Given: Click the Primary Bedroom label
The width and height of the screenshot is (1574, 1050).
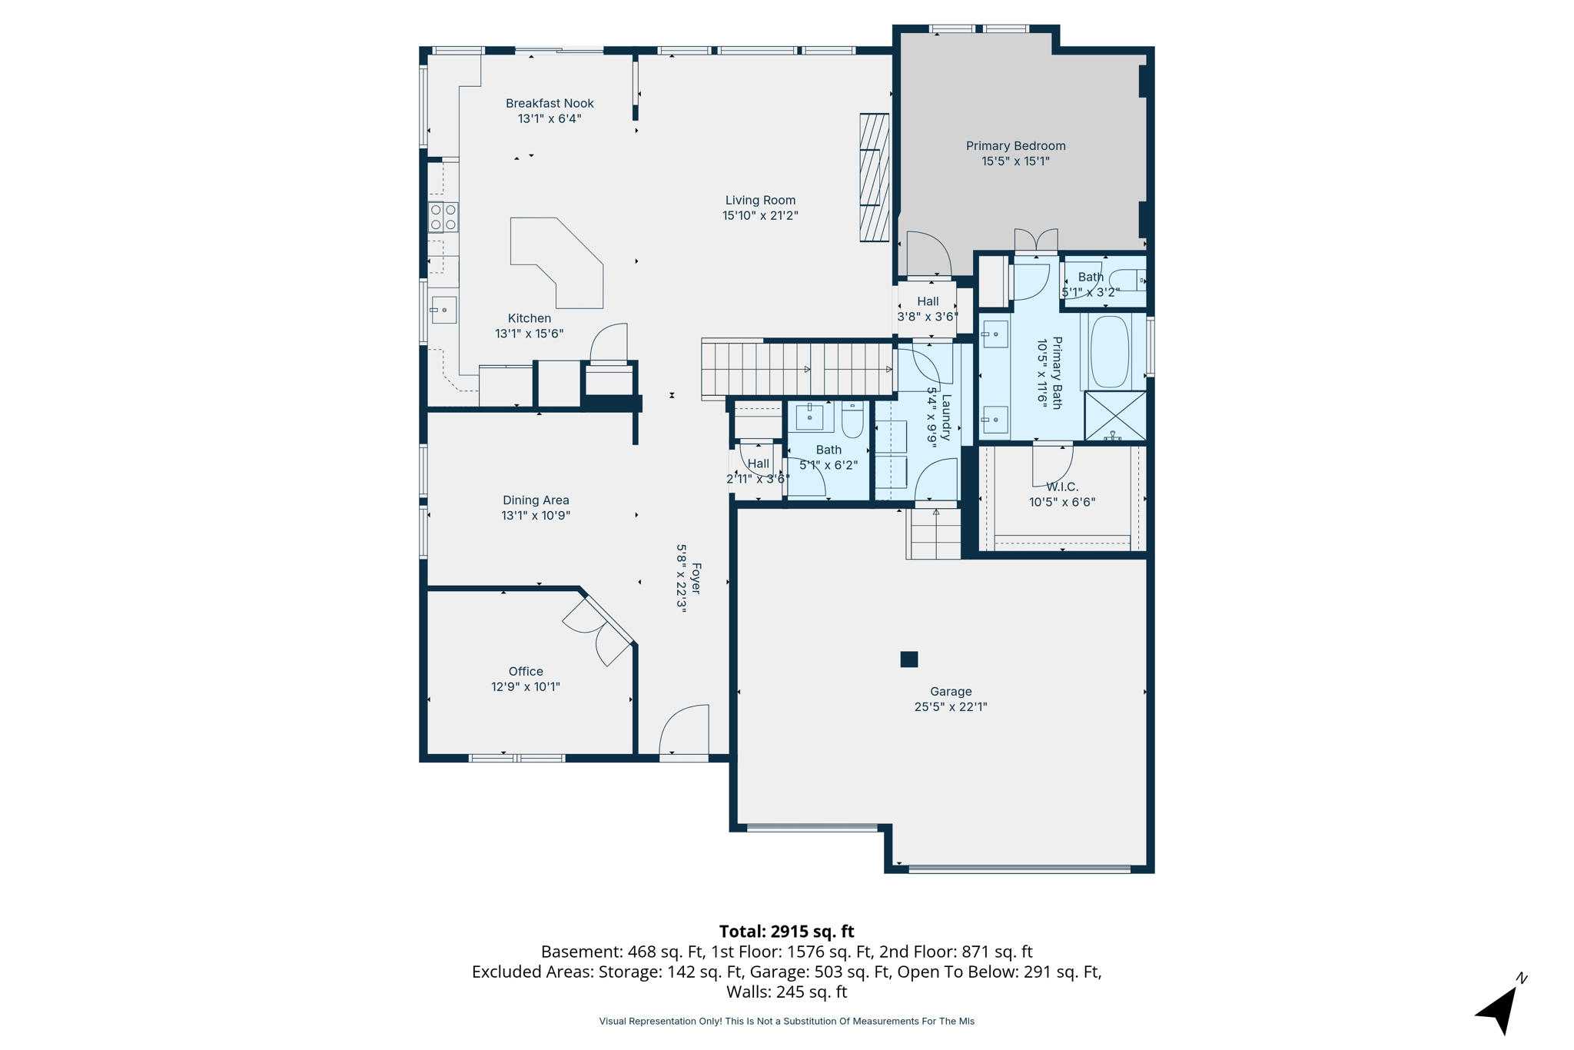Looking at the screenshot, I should [x=1015, y=146].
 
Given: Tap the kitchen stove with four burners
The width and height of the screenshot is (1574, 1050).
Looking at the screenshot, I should [x=443, y=217].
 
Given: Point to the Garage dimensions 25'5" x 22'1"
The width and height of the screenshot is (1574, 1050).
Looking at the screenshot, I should [x=951, y=707].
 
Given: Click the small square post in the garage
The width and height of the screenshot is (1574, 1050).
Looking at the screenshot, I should [x=909, y=659].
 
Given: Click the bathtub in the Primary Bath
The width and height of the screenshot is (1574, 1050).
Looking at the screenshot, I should [x=1109, y=351].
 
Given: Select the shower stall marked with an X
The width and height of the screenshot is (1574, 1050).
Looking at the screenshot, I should [x=1115, y=416].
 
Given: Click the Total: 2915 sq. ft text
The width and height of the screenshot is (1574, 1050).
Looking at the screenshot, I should [x=786, y=932].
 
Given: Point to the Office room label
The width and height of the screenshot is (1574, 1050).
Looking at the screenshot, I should [x=526, y=672].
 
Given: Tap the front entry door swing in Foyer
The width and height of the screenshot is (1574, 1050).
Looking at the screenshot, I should [x=684, y=730].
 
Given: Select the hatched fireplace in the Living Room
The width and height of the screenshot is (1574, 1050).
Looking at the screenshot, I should [x=875, y=178].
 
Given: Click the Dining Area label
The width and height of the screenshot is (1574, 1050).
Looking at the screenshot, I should [x=536, y=500].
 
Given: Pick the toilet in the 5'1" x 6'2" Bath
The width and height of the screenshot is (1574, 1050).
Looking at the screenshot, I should [x=853, y=420].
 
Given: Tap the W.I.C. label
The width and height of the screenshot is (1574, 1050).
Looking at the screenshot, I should [x=1062, y=487].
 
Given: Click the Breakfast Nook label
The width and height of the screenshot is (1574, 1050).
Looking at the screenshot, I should [x=550, y=104].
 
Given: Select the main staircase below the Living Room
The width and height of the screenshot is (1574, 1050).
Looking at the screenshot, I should [x=798, y=370].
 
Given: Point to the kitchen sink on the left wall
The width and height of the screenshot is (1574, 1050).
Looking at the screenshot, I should [x=443, y=310].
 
